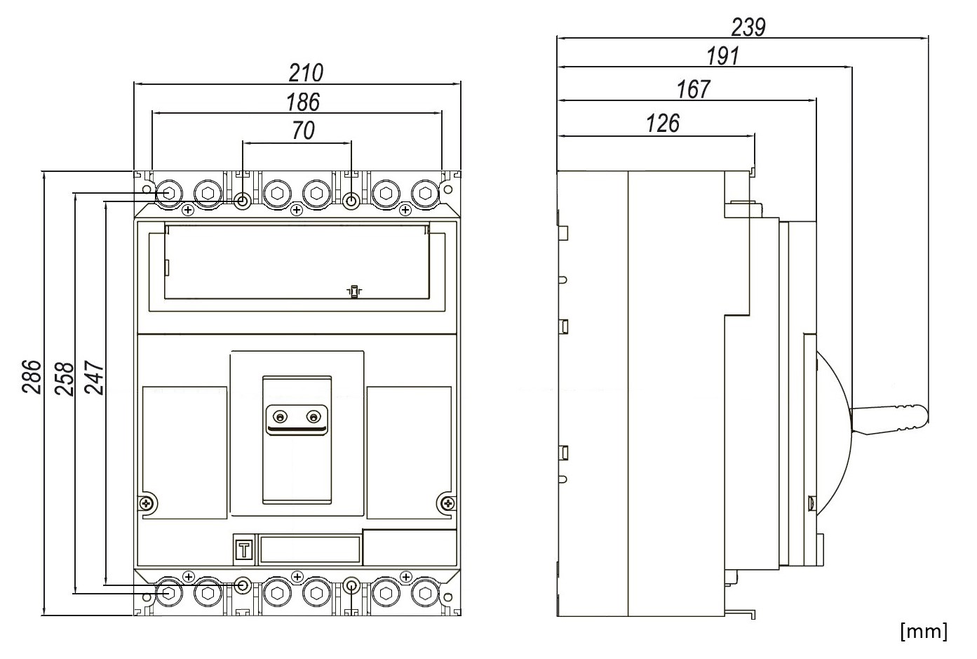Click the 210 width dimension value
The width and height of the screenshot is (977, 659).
306,73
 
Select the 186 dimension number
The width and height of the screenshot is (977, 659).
303,102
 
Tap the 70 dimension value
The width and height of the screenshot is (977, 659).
303,131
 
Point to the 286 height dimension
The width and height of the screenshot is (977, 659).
32,377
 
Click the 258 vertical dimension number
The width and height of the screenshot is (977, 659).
64,378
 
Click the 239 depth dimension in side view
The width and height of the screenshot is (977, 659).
748,27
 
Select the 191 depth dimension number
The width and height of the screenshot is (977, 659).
722,56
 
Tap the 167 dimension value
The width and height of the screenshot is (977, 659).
694,89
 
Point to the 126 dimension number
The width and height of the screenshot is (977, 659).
663,124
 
